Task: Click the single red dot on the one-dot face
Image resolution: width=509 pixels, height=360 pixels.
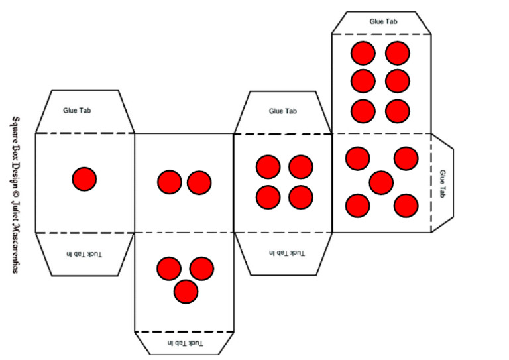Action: point(84,179)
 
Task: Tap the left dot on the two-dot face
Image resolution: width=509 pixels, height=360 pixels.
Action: point(169,182)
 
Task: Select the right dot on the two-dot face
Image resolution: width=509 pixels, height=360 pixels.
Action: point(199,182)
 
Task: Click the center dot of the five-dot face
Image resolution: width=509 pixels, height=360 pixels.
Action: point(381,182)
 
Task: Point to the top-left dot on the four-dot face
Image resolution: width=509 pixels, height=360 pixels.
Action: point(268,166)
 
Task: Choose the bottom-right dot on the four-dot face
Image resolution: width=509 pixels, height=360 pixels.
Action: point(301,197)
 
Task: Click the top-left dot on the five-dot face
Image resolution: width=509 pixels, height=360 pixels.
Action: point(357,158)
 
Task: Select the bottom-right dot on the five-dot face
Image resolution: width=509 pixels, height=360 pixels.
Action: point(406,206)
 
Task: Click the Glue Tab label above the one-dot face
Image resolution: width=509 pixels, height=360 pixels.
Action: point(77,110)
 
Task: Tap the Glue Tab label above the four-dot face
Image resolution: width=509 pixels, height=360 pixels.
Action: point(283,111)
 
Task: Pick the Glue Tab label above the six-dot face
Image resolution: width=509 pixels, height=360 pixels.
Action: point(383,21)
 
